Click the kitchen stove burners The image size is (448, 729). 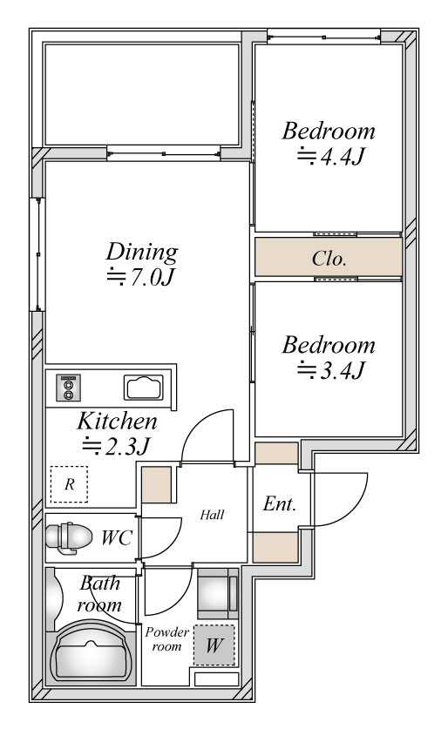(68, 388)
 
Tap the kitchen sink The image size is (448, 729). (144, 388)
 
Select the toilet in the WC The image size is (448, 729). (69, 537)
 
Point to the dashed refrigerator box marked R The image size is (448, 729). (70, 484)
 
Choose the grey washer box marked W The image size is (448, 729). (214, 645)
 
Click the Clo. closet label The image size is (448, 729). (329, 258)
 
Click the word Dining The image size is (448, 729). (142, 253)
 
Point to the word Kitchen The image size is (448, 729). (117, 421)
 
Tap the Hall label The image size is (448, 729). (212, 515)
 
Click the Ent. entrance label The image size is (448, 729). (280, 503)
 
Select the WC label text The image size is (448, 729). (117, 537)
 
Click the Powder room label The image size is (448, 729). (166, 638)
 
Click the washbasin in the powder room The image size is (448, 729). (218, 593)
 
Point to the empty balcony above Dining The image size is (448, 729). (141, 94)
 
